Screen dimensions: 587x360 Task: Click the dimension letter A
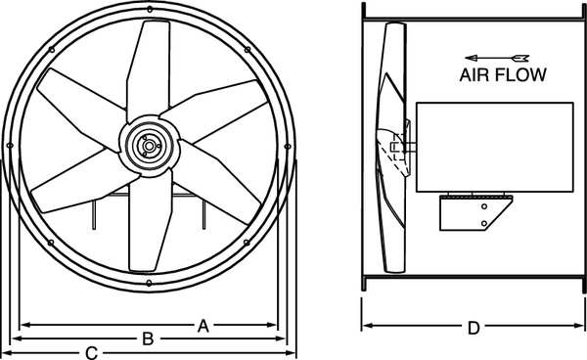point(203,327)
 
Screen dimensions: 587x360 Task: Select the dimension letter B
point(149,339)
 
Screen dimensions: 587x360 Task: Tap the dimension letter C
point(92,353)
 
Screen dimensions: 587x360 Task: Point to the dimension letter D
point(474,328)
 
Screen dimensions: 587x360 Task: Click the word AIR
point(474,75)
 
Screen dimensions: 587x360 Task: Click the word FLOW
point(521,75)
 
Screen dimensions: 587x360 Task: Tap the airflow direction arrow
point(496,58)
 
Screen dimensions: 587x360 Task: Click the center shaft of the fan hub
point(149,146)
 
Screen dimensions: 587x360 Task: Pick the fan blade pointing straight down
point(150,221)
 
